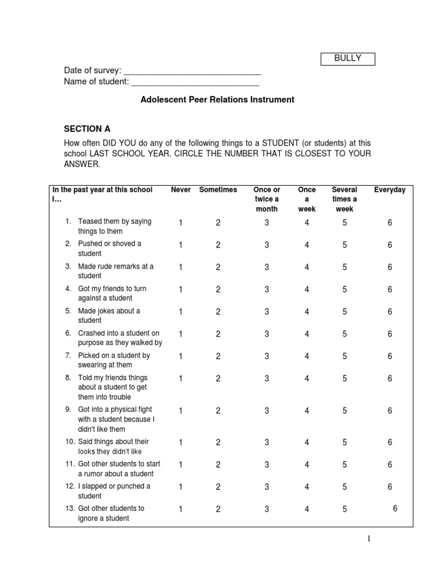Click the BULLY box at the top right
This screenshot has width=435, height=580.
coord(348,58)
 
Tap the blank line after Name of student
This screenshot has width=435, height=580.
coord(195,83)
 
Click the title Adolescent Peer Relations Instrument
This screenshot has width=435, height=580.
coord(217,100)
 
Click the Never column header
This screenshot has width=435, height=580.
coord(181,190)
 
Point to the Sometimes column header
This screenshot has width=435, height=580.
coord(218,190)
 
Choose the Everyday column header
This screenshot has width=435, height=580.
coord(390,190)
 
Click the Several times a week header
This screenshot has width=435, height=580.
coord(344,199)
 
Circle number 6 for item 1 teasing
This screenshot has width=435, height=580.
coord(390,223)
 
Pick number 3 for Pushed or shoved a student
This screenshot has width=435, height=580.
coord(267,245)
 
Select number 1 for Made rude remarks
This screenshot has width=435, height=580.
coord(181,267)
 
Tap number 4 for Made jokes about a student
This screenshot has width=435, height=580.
coord(307,312)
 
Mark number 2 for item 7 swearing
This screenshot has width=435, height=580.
coord(218,357)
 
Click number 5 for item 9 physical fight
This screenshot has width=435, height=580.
coord(344,411)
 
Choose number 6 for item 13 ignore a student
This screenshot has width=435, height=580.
coord(395,509)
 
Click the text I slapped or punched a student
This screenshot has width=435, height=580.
coord(114,491)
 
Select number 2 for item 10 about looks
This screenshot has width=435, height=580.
coord(218,443)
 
